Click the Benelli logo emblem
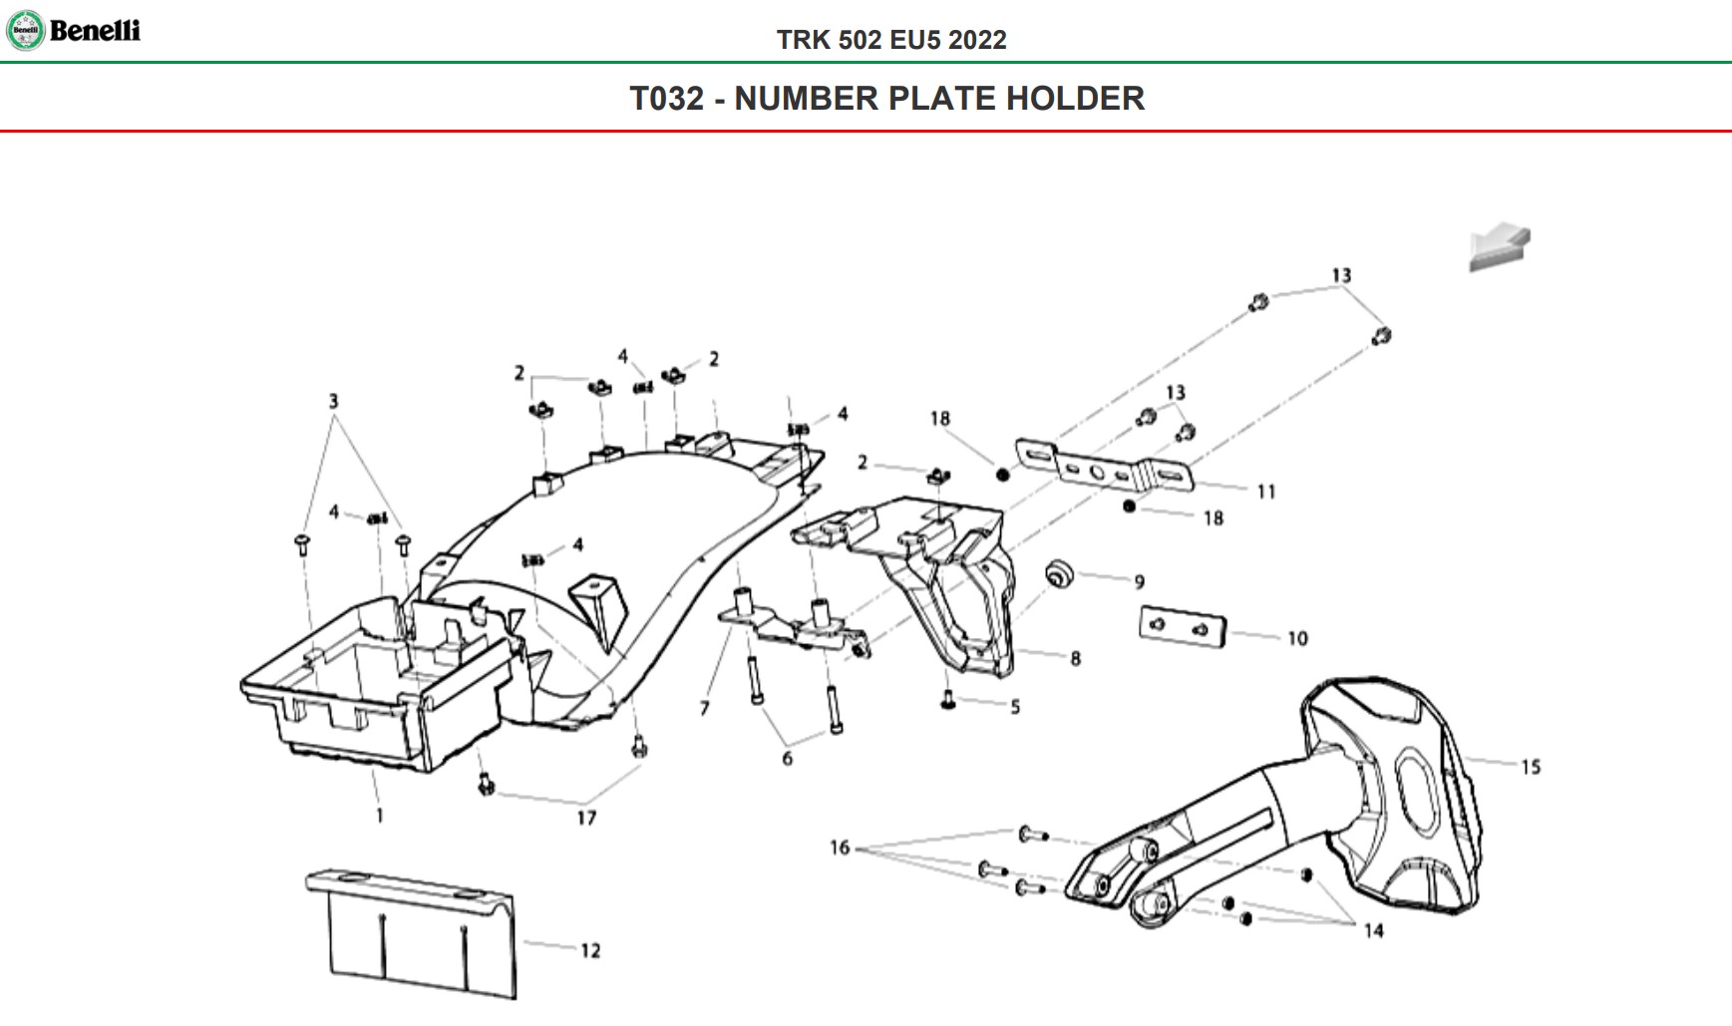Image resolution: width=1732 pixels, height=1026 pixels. (x=25, y=31)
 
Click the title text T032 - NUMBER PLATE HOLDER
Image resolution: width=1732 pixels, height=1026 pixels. (x=886, y=99)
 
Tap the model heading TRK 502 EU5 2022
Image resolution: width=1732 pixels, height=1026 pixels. (x=891, y=40)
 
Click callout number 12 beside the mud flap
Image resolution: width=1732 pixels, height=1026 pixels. (x=590, y=950)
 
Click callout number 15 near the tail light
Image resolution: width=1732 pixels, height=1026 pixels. (x=1531, y=767)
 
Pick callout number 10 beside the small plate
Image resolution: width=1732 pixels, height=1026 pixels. (x=1297, y=638)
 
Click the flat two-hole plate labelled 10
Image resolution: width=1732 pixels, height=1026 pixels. (x=1182, y=626)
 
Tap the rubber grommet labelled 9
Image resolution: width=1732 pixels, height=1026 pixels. (x=1058, y=574)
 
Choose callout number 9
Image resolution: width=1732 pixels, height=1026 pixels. (x=1139, y=581)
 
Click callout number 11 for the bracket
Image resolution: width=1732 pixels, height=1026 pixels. (x=1265, y=492)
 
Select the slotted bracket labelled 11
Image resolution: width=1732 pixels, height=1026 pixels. (x=1102, y=466)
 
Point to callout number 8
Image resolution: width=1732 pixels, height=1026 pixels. (x=1075, y=658)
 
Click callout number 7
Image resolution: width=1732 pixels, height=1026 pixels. (x=705, y=708)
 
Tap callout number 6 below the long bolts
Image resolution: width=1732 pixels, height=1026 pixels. (x=788, y=759)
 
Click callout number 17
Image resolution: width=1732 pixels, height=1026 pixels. (x=586, y=818)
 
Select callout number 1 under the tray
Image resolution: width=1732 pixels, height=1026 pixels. (x=379, y=816)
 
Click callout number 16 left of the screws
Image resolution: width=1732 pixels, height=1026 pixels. (x=840, y=848)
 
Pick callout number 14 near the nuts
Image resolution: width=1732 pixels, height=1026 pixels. (x=1373, y=930)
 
